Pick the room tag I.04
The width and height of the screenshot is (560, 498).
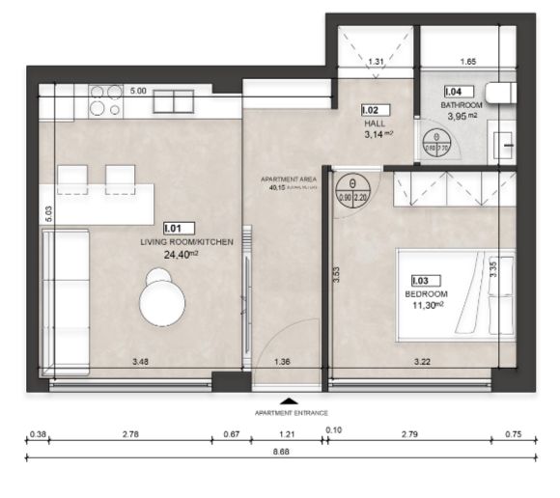(452, 92)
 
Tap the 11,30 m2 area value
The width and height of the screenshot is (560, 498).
(425, 305)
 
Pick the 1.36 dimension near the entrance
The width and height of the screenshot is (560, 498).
(283, 363)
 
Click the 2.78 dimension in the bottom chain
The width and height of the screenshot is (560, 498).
(129, 435)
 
